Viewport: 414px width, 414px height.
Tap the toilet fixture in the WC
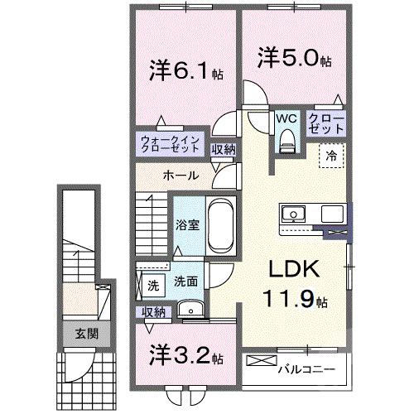click(287, 143)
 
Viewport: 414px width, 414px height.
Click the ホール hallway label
click(180, 176)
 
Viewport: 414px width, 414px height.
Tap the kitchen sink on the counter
click(293, 214)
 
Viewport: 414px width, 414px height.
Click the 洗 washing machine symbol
click(152, 286)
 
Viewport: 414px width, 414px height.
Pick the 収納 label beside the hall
click(222, 150)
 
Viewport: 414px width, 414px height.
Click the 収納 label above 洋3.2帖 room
click(152, 312)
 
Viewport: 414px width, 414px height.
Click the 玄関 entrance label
click(77, 335)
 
